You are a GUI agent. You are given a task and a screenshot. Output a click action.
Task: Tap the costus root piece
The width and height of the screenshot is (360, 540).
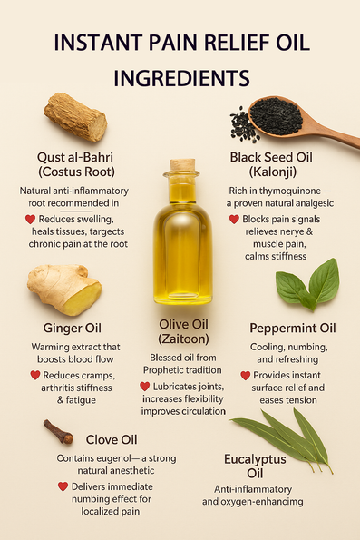pyautogui.click(x=75, y=116)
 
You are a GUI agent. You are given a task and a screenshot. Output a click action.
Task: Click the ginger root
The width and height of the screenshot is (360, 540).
pyautogui.click(x=64, y=289)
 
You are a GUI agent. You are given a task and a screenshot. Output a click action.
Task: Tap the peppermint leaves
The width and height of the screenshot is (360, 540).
pyautogui.click(x=308, y=285)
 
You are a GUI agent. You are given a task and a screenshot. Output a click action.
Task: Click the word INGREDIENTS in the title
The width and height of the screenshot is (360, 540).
pyautogui.click(x=181, y=78)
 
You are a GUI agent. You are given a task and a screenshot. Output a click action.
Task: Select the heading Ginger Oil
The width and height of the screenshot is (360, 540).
pyautogui.click(x=73, y=328)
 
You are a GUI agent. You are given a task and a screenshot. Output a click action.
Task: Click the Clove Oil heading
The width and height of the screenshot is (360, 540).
pyautogui.click(x=112, y=440)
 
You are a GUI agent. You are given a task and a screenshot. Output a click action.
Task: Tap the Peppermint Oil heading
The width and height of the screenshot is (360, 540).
pyautogui.click(x=293, y=329)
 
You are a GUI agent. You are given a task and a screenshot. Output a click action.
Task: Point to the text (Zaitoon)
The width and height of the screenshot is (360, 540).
pyautogui.click(x=183, y=339)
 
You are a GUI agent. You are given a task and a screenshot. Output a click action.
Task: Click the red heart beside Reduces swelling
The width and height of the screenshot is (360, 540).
pyautogui.click(x=30, y=219)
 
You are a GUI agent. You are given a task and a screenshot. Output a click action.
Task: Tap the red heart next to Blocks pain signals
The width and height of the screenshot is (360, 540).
pyautogui.click(x=234, y=219)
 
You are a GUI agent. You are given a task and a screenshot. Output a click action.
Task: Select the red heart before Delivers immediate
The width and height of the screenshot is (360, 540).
pyautogui.click(x=63, y=486)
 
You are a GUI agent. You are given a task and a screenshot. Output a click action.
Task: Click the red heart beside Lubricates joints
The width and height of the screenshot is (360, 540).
pyautogui.click(x=144, y=387)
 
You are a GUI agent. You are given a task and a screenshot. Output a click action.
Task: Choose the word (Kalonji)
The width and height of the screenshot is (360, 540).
pyautogui.click(x=273, y=172)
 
